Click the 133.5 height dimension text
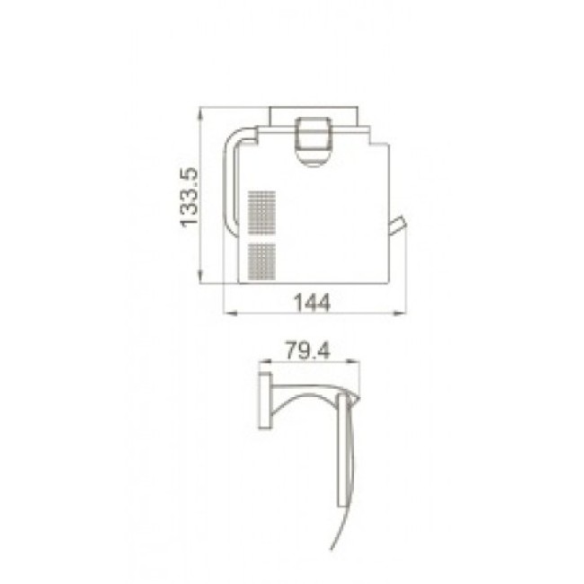point(189,197)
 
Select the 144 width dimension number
point(312,303)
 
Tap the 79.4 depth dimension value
point(307,350)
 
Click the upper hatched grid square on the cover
point(261,213)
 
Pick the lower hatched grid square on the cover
point(261,261)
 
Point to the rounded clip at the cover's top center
point(314,142)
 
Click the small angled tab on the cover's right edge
point(397,225)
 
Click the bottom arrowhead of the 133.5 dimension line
point(200,278)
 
